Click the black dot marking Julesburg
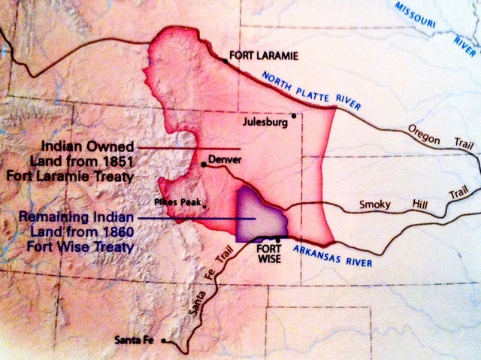295,116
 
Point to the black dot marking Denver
204,164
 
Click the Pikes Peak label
177,202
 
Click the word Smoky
375,203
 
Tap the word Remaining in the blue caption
63,216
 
